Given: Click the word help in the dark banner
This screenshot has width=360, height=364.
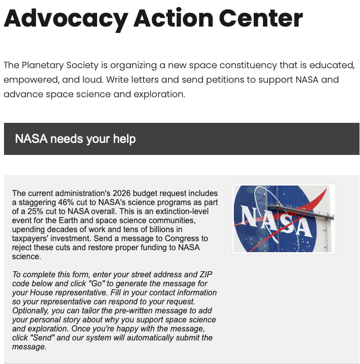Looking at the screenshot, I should (x=123, y=139).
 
